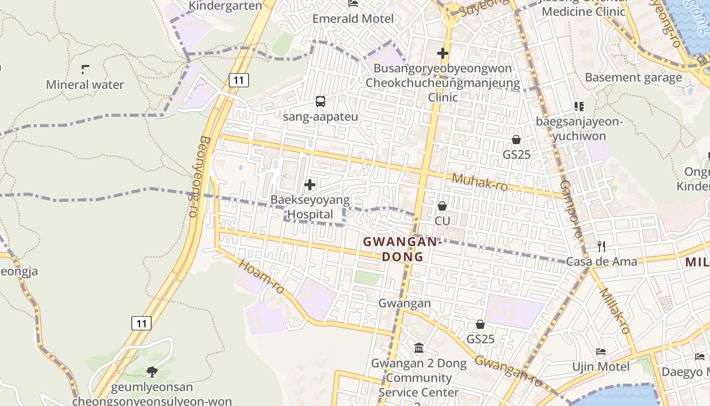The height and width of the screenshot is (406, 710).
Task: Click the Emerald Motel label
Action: (353, 19)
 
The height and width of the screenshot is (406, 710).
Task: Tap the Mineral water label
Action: (85, 85)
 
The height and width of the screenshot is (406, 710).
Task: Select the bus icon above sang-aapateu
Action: (321, 101)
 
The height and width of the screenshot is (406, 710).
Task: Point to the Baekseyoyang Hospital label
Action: (310, 207)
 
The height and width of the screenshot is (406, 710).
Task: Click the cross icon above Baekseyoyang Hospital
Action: (310, 185)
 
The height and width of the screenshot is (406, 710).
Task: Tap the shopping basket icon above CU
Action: (442, 206)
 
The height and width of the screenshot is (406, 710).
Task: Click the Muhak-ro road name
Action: (479, 182)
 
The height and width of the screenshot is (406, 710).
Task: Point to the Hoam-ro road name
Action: (262, 277)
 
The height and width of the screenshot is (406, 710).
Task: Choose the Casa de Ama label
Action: (601, 261)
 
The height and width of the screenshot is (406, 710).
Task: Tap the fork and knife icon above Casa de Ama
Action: (601, 247)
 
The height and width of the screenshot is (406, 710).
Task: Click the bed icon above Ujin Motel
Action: (601, 351)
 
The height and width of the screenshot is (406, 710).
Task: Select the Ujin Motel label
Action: (601, 366)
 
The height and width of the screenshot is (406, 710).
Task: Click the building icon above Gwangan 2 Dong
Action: (419, 348)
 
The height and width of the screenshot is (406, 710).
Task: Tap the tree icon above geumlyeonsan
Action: (152, 372)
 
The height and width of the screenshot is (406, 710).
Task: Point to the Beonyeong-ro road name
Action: (199, 176)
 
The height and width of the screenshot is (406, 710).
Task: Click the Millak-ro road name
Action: (615, 311)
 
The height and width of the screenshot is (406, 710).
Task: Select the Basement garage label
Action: (633, 78)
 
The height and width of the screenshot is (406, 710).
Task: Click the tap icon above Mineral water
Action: (85, 70)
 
